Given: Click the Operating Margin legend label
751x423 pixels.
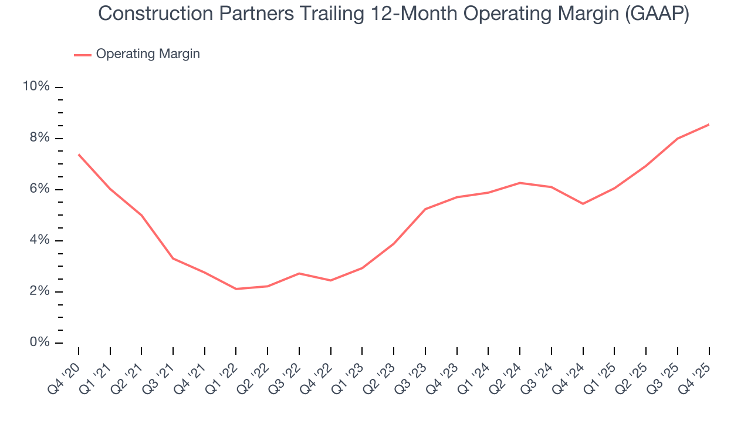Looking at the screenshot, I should [148, 54].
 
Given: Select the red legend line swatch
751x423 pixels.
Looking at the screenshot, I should [82, 55].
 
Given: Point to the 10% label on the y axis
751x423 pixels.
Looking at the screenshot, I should [36, 87].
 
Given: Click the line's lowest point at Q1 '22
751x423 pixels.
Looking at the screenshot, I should [236, 289].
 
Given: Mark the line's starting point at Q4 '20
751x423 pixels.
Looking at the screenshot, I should [79, 155].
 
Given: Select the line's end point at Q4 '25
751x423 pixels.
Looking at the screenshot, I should [709, 125].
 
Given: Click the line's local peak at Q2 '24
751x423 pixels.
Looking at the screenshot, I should [520, 183].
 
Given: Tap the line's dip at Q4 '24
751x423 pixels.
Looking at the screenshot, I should [583, 204].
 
